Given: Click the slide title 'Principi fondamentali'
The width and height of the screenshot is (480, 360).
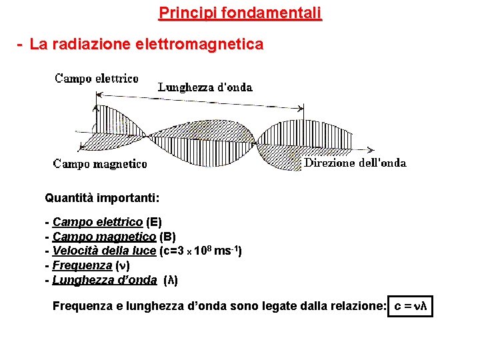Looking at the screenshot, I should (x=240, y=13).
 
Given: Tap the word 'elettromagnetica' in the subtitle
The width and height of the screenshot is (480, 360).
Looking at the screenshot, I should (x=199, y=45).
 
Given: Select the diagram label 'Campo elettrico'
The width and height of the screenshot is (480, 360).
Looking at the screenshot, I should (x=97, y=79).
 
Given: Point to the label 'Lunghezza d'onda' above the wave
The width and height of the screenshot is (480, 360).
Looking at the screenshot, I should (x=205, y=87).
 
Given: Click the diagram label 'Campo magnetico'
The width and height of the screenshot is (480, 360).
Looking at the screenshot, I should (x=100, y=163).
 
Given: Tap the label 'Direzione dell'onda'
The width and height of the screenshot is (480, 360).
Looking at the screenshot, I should (x=355, y=163).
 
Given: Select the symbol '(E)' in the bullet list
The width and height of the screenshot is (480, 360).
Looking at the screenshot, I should (x=153, y=222).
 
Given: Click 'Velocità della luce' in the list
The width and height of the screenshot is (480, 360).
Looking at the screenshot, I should (x=104, y=251).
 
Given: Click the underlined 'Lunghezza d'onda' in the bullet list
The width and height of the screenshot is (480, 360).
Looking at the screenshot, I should (x=105, y=280).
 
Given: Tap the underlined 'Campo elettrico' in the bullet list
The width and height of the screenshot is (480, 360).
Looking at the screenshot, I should (x=97, y=222).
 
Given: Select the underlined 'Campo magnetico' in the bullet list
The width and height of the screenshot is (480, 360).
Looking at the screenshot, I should (x=104, y=237).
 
